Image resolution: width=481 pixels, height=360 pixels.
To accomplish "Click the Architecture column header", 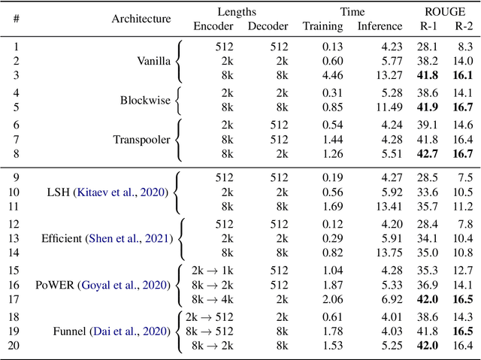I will click(x=141, y=19).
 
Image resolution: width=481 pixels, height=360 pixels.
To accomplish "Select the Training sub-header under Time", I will click(x=322, y=26).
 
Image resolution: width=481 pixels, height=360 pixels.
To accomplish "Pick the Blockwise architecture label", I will click(x=146, y=100).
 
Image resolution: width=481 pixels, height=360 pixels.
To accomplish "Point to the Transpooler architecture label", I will click(x=141, y=139).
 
